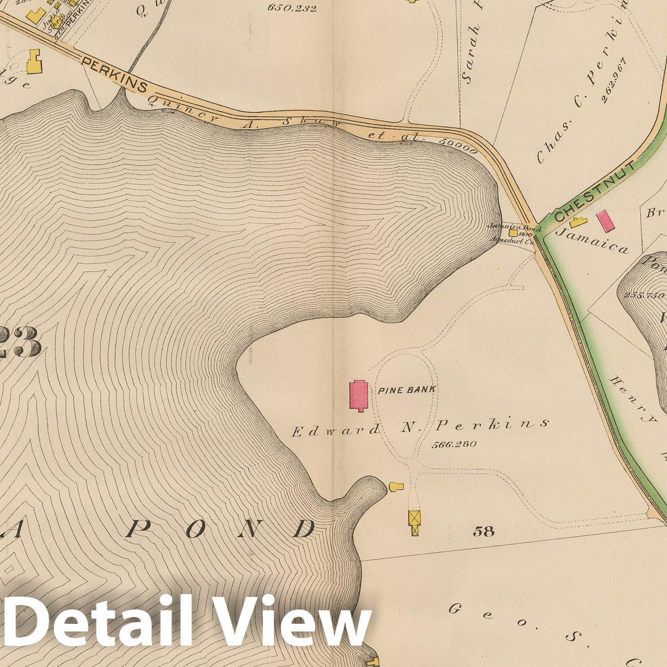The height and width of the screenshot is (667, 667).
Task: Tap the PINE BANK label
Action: [406, 389]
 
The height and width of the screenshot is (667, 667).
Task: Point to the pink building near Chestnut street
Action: [605, 221]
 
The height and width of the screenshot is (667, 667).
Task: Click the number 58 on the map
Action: [483, 531]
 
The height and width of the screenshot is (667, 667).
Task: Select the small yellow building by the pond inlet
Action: [396, 486]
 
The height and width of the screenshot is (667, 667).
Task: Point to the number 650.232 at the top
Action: [292, 8]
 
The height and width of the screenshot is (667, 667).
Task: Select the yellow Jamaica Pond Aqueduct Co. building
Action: [513, 232]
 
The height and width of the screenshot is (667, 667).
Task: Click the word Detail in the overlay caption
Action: [99, 622]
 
